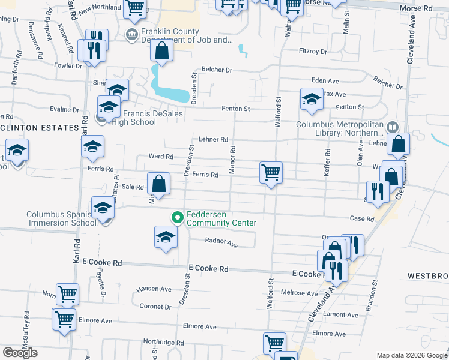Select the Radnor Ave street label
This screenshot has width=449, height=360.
click(221, 245)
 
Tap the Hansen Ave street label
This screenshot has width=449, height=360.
click(154, 289)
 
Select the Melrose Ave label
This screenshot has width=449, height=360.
click(299, 293)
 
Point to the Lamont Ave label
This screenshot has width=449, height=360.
click(341, 314)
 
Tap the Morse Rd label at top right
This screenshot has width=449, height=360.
click(419, 8)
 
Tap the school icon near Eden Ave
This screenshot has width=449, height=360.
click(312, 100)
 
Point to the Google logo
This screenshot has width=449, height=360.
click(20, 353)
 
